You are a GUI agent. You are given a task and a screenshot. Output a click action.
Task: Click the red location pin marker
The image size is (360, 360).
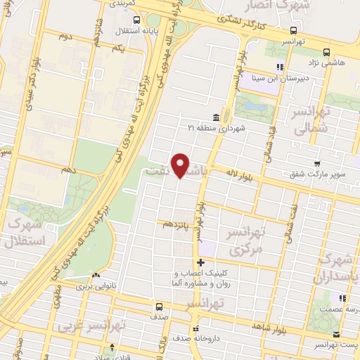[181, 165]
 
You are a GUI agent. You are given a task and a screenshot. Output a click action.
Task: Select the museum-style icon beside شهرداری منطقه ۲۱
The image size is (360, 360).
[216, 117]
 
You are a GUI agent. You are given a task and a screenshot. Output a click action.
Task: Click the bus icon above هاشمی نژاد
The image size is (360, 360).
[326, 52]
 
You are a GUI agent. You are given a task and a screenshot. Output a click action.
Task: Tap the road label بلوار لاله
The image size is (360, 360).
[243, 171]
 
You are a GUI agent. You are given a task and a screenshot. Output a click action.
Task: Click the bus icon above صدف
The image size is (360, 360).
[159, 307]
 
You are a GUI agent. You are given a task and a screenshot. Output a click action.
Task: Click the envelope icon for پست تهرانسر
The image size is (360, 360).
[336, 334]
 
